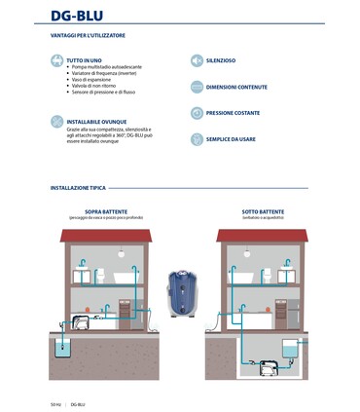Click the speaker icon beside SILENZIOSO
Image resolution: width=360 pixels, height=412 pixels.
click(196, 60)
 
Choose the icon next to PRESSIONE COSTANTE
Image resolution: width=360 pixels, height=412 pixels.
click(196, 113)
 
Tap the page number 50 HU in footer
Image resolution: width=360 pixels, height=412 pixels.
click(55, 403)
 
